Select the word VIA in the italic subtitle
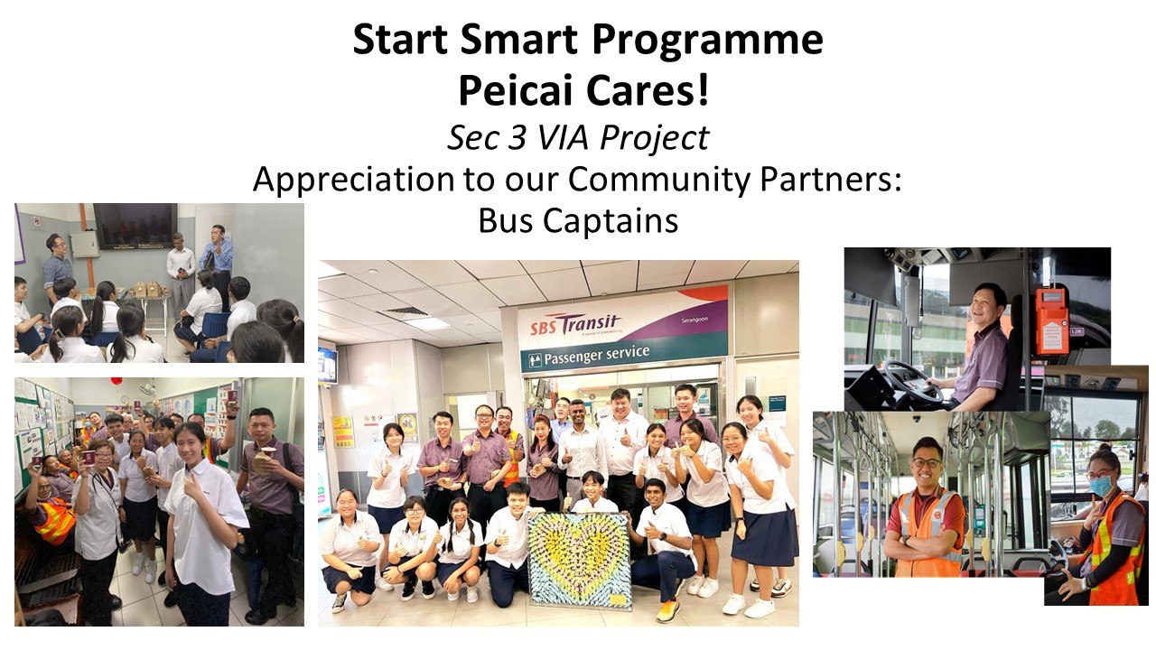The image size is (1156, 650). click(564, 137)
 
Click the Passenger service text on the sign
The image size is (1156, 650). click(597, 355)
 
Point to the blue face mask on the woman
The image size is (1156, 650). click(1101, 486)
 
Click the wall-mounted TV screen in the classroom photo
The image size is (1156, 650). click(135, 227)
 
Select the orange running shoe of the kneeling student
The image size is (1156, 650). click(667, 610)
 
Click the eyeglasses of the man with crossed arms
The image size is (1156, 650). click(927, 462)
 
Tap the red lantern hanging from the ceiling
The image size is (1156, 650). click(117, 381)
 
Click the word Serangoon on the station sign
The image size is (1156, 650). click(695, 320)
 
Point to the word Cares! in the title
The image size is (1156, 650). click(648, 91)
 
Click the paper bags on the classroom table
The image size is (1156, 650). click(147, 289)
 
